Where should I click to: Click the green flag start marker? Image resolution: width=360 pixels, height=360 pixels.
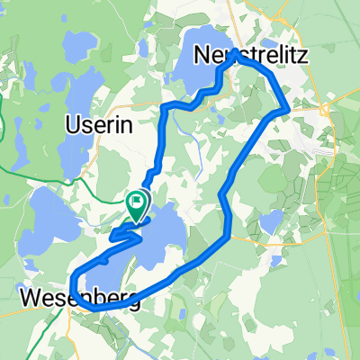click(137, 202)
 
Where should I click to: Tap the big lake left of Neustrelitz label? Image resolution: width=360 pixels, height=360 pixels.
click(202, 68)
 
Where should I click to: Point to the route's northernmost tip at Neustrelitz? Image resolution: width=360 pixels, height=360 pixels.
click(233, 54)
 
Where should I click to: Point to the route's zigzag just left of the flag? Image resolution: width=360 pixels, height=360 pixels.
click(121, 237)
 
